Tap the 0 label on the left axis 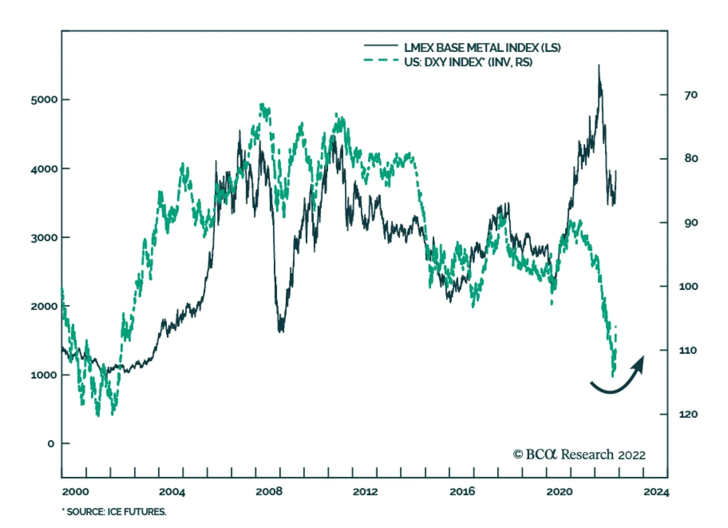(51, 443)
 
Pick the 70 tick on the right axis (691, 95)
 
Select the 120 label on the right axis (688, 414)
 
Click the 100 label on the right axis (688, 286)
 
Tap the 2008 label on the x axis (268, 492)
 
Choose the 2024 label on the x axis (656, 492)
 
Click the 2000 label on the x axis (76, 492)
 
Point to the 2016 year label (462, 492)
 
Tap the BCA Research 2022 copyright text (579, 454)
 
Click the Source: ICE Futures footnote (114, 512)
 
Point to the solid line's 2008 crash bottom (280, 330)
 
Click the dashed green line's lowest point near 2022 (612, 376)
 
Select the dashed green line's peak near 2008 (262, 105)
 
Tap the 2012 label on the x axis (365, 492)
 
